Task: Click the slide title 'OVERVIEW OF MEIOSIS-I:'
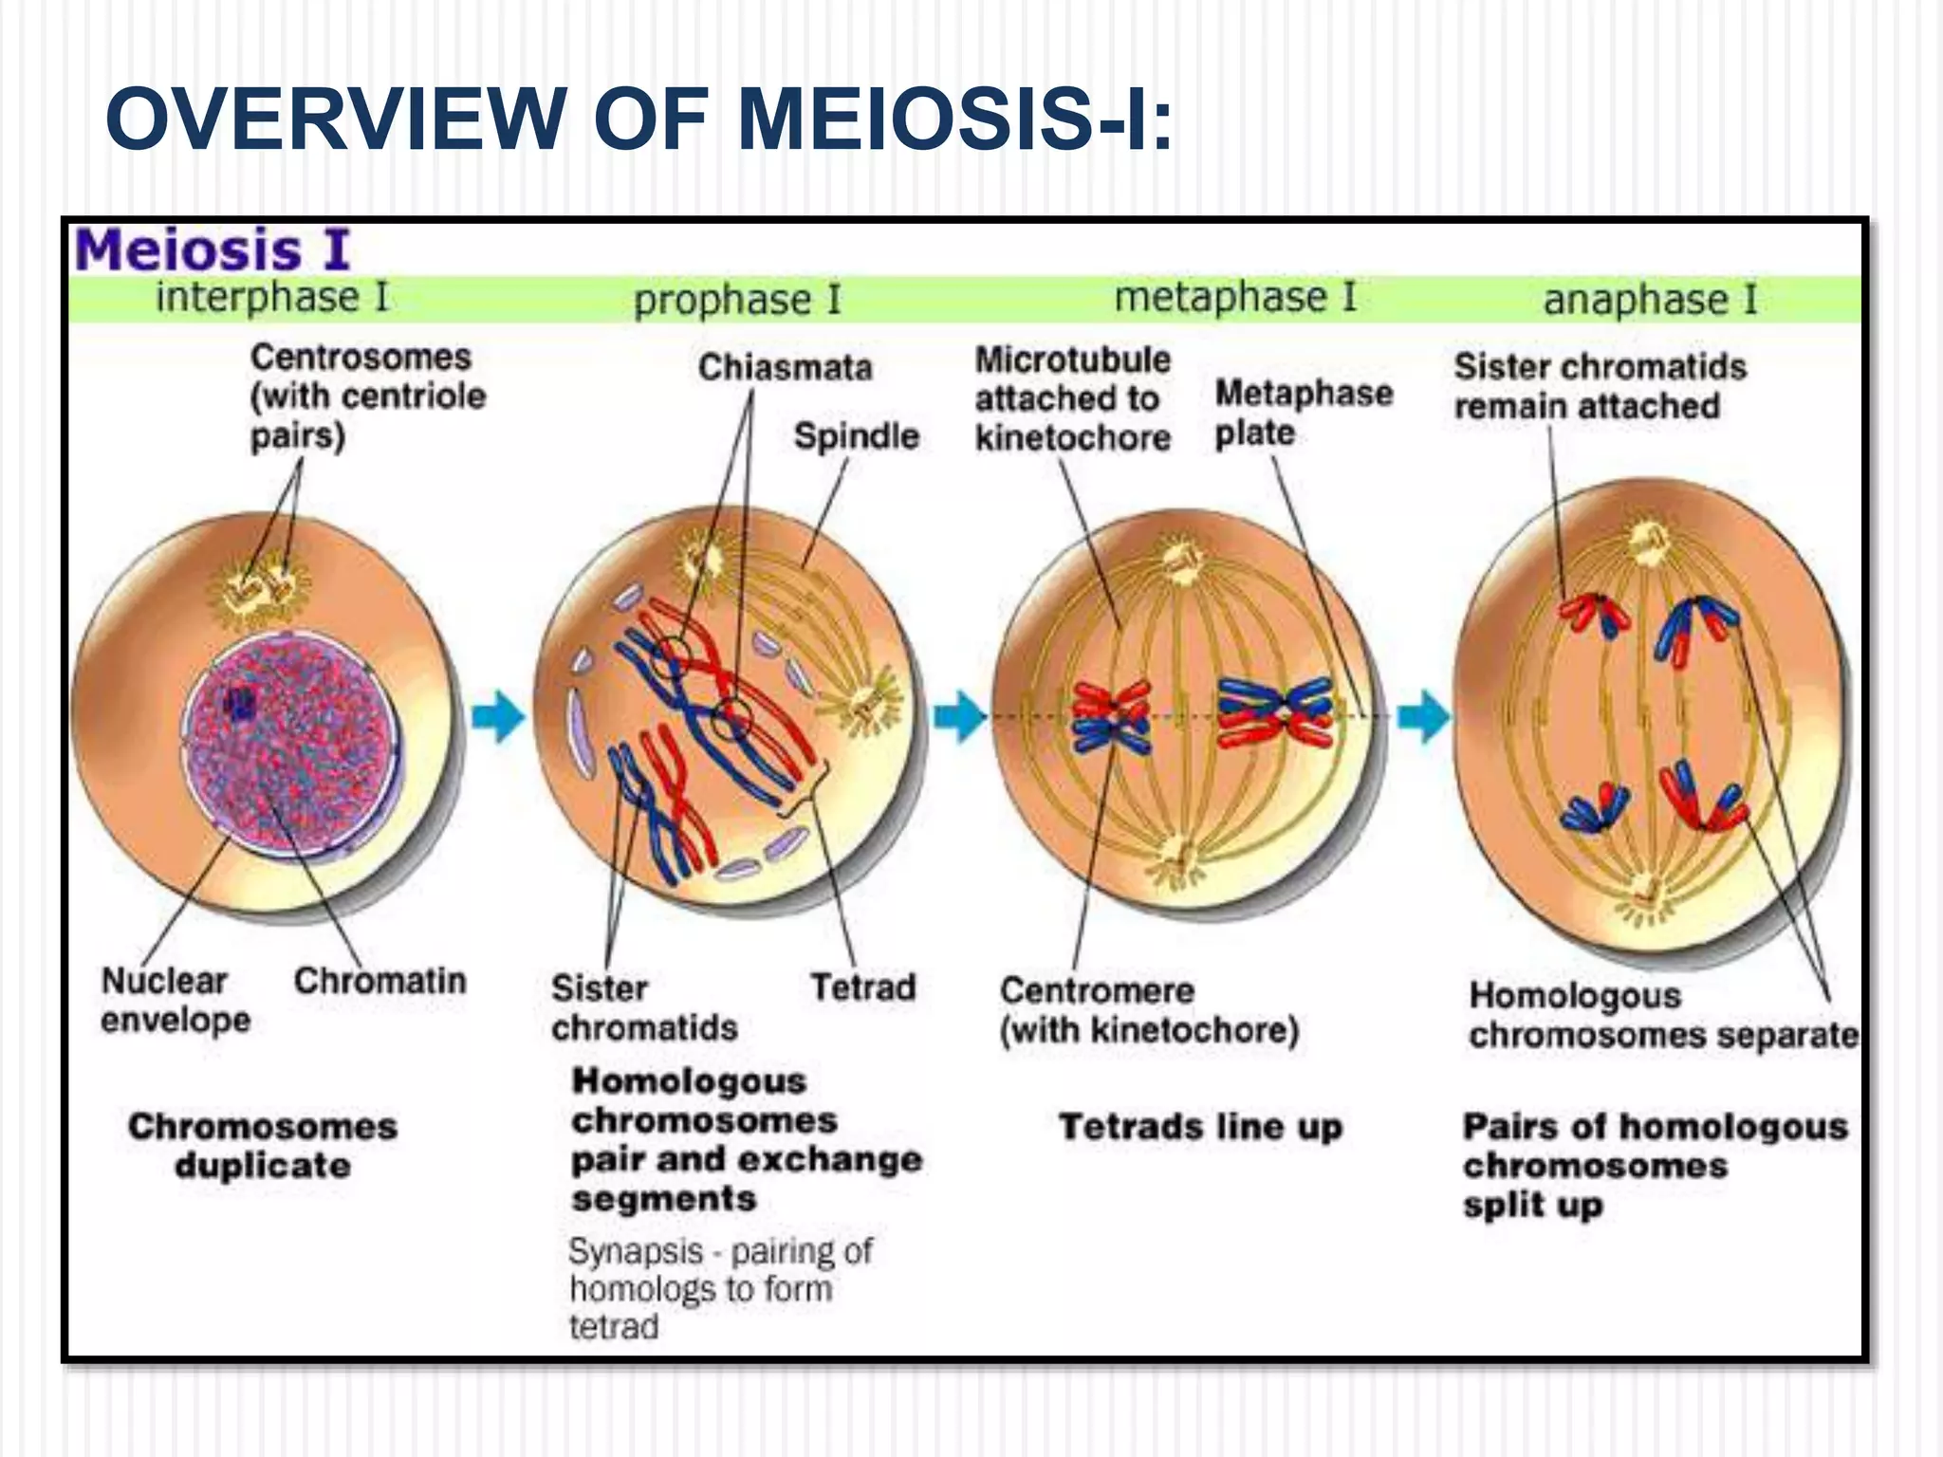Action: click(638, 119)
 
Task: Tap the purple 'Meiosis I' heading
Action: click(213, 250)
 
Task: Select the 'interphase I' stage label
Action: click(272, 297)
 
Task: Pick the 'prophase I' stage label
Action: click(737, 300)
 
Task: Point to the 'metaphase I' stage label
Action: click(1235, 297)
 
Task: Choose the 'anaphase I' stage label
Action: click(1650, 300)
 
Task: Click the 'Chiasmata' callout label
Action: click(785, 367)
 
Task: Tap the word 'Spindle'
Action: click(857, 436)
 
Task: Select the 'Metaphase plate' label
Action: click(1303, 413)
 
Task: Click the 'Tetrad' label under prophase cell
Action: click(862, 987)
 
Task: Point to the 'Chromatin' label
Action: click(379, 981)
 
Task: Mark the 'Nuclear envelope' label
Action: click(176, 1000)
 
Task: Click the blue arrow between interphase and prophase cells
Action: click(497, 716)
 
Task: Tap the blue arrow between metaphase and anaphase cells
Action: click(1423, 716)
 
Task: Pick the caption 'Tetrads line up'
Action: click(1200, 1127)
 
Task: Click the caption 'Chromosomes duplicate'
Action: click(263, 1146)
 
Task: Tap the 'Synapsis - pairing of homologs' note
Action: click(719, 1288)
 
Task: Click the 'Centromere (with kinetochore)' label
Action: click(1148, 1010)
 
